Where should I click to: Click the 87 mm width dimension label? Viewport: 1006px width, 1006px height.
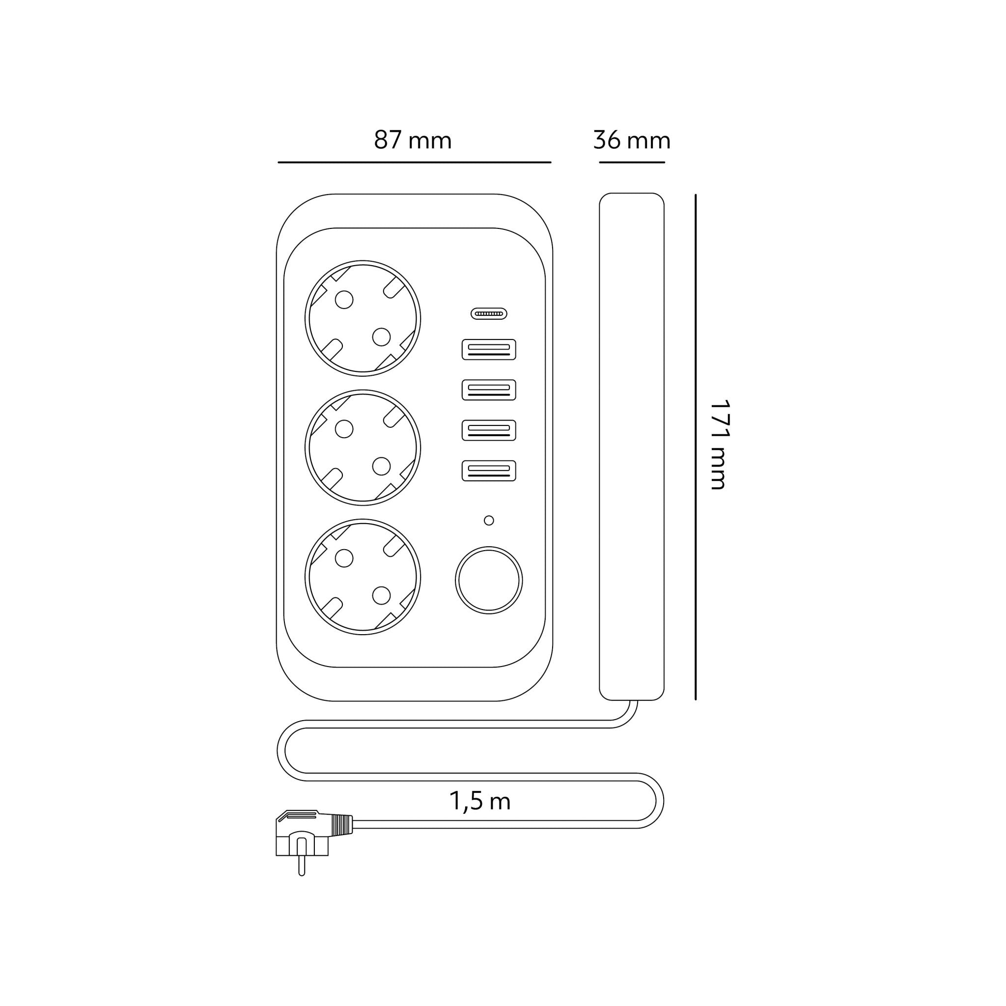pos(413,140)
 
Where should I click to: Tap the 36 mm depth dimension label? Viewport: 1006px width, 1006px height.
pos(632,140)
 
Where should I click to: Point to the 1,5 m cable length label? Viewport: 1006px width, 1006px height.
pos(479,801)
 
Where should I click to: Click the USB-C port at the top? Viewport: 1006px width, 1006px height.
pos(488,314)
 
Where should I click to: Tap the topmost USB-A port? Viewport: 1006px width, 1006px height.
pos(488,349)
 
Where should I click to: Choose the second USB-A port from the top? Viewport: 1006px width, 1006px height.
pos(488,390)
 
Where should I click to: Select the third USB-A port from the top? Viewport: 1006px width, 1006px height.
pos(488,430)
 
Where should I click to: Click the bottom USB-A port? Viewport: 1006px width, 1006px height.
pos(488,471)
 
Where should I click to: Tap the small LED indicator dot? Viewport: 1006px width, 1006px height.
pos(488,520)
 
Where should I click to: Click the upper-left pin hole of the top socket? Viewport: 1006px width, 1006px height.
pos(344,300)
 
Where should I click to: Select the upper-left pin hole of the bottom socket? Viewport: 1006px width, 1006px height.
pos(344,558)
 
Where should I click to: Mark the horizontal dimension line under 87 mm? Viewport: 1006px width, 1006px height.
pos(414,163)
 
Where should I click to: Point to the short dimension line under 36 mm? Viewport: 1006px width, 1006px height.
pos(632,163)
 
